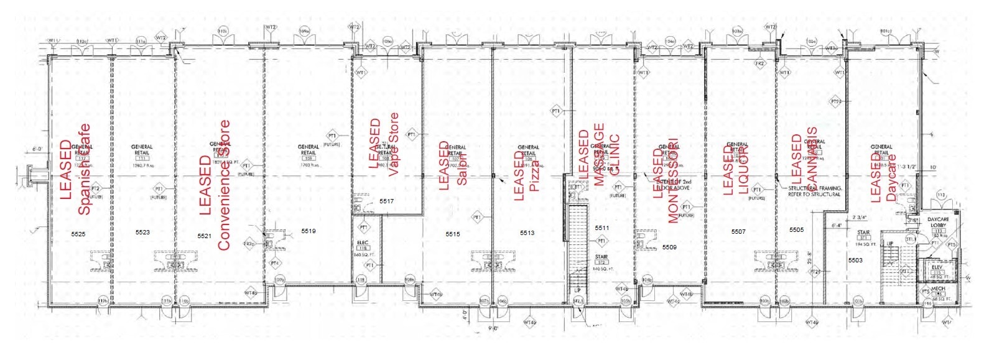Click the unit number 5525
pyautogui.click(x=78, y=234)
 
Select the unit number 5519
pyautogui.click(x=309, y=231)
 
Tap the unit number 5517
pyautogui.click(x=386, y=201)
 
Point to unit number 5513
pyautogui.click(x=527, y=233)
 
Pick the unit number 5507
pyautogui.click(x=738, y=232)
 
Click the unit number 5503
pyautogui.click(x=855, y=261)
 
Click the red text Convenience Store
pyautogui.click(x=224, y=185)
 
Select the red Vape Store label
pyautogui.click(x=393, y=144)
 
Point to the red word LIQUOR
pyautogui.click(x=742, y=170)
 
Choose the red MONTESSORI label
pyautogui.click(x=673, y=180)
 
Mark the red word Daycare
pyautogui.click(x=891, y=177)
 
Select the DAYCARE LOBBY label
pyautogui.click(x=938, y=223)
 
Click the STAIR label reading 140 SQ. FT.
pyautogui.click(x=601, y=262)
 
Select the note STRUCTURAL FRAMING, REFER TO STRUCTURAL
pyautogui.click(x=815, y=191)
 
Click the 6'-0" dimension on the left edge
pyautogui.click(x=37, y=149)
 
